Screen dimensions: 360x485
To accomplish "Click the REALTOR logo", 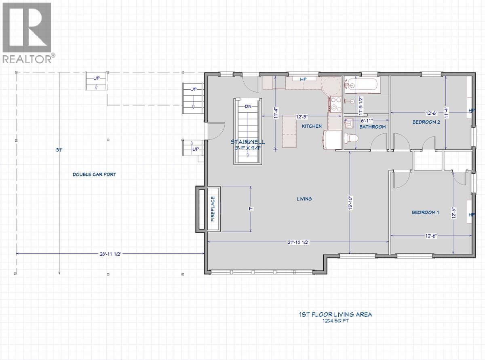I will [27, 32].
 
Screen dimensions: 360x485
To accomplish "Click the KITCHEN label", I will [312, 126].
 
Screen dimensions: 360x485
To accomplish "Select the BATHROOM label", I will [373, 126].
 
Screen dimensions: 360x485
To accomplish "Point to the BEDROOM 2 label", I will [426, 122].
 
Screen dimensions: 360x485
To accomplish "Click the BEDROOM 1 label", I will [425, 213].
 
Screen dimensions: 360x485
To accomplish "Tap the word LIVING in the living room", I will [304, 199].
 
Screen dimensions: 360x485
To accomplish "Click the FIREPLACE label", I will [213, 209].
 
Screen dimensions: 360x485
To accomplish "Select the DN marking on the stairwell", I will [248, 107].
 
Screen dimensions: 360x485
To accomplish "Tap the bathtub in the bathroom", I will [362, 86].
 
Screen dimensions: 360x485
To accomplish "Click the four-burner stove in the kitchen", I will [335, 104].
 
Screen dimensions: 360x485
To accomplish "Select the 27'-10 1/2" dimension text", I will [298, 242].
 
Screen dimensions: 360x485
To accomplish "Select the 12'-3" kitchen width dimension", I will [302, 116].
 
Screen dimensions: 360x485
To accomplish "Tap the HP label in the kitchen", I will [304, 79].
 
